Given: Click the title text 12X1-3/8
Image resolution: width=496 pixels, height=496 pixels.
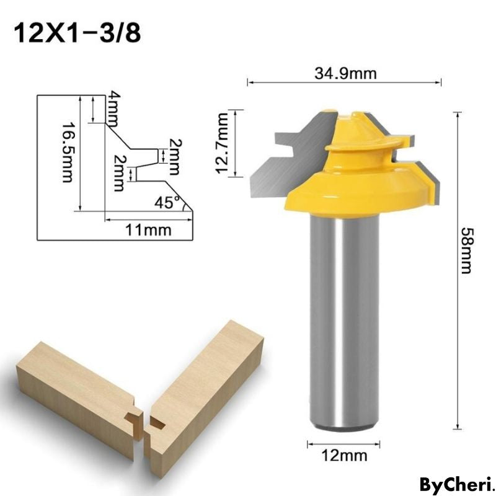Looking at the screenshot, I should click(x=77, y=33).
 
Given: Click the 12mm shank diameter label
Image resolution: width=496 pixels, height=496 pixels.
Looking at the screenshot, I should click(x=345, y=456).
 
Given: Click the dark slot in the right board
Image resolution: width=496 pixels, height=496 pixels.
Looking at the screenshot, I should click(x=158, y=424).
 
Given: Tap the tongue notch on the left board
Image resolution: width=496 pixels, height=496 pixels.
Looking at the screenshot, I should click(x=132, y=415).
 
